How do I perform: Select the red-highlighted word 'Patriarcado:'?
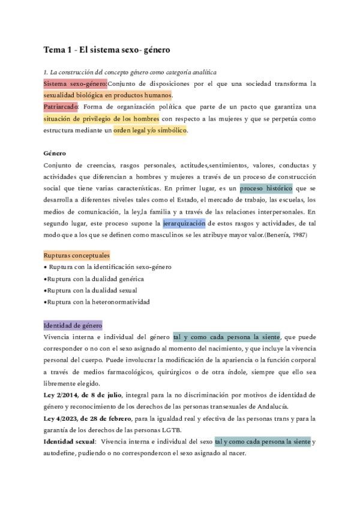pyautogui.click(x=61, y=107)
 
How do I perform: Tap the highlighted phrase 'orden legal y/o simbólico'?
pyautogui.click(x=150, y=130)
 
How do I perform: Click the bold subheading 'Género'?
pyautogui.click(x=55, y=154)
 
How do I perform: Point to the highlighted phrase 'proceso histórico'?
pyautogui.click(x=266, y=188)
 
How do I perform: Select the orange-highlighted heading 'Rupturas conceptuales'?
pyautogui.click(x=76, y=255)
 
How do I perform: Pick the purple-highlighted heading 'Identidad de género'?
pyautogui.click(x=73, y=325)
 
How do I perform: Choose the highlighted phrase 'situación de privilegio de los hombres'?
pyautogui.click(x=101, y=119)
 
